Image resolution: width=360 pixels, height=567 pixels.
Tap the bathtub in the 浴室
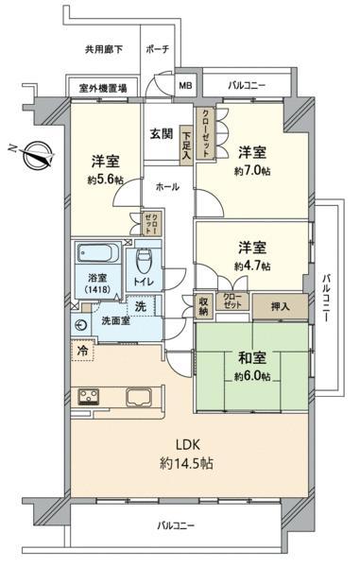click(98, 252)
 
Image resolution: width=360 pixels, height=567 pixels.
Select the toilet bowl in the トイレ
click(144, 261)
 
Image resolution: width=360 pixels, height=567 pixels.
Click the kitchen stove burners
click(89, 397)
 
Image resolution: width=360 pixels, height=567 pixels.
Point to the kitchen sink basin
click(140, 397)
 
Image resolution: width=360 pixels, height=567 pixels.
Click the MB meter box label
click(186, 86)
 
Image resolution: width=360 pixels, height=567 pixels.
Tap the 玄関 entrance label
click(162, 134)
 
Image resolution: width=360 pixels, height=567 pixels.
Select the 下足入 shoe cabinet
click(186, 146)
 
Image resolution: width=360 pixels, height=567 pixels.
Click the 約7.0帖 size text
click(252, 171)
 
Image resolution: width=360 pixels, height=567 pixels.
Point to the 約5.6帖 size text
click(105, 180)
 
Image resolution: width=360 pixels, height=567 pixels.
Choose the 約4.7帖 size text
click(252, 266)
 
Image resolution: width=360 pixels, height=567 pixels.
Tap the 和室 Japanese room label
click(252, 357)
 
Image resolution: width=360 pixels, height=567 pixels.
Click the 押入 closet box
click(280, 307)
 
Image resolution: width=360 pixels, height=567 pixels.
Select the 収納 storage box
click(203, 306)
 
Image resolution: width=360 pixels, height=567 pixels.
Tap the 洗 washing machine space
click(141, 306)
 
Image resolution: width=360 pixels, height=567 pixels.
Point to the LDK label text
click(188, 445)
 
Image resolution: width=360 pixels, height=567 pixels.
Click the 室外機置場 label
click(103, 88)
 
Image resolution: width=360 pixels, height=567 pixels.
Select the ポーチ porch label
click(158, 49)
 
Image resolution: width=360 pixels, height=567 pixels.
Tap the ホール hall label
click(167, 187)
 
